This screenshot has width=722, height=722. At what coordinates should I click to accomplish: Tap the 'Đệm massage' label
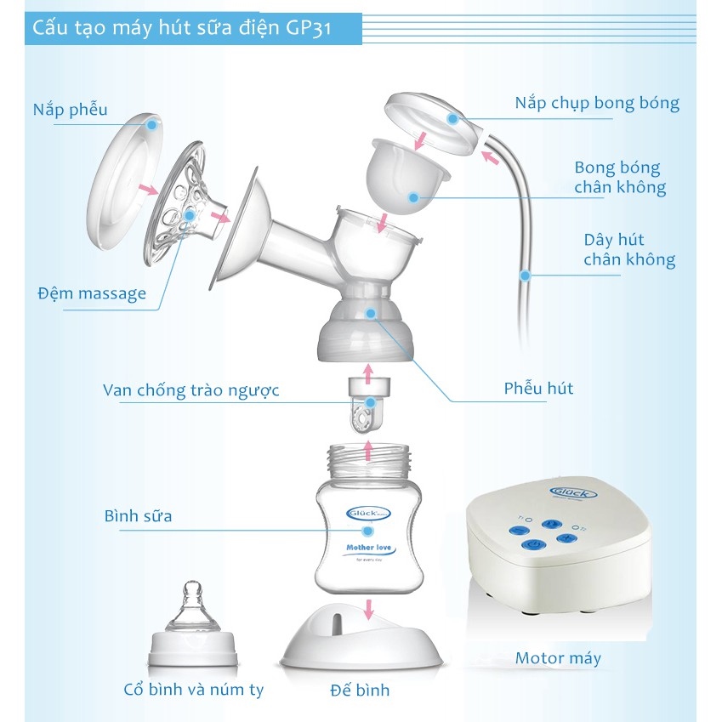click(92, 294)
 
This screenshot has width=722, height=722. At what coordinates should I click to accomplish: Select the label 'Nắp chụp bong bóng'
click(597, 104)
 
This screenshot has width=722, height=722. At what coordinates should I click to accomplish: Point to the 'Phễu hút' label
click(537, 389)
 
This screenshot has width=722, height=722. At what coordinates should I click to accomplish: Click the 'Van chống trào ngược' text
click(190, 390)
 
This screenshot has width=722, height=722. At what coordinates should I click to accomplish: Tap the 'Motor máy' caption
click(558, 658)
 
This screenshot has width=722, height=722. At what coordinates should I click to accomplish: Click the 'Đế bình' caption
click(360, 690)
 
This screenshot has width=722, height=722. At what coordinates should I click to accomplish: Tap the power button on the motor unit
click(531, 545)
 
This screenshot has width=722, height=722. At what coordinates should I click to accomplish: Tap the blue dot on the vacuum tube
click(525, 276)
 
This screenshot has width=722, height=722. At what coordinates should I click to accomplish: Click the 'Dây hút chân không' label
click(629, 250)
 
